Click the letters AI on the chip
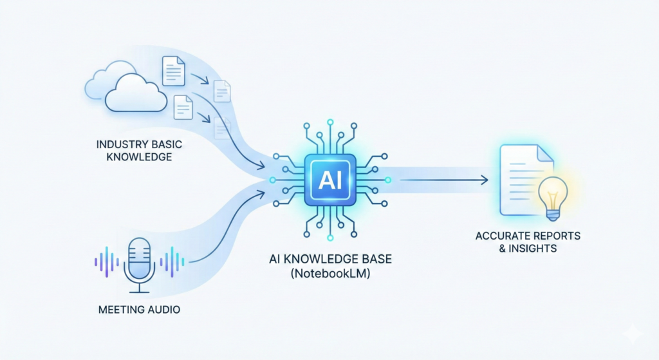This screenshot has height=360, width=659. click(329, 178)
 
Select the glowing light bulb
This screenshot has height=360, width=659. click(552, 193)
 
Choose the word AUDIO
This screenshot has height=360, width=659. click(163, 310)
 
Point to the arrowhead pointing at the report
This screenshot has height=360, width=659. click(484, 180)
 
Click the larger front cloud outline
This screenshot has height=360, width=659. click(135, 95)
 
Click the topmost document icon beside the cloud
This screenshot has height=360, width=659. click(172, 70)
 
